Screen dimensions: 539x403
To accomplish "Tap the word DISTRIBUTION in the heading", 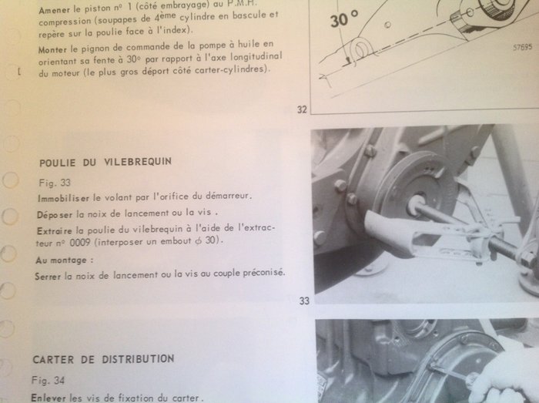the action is (138, 359).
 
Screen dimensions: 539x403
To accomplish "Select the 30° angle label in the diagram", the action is (344, 19).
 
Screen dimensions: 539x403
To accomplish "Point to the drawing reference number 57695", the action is (523, 48).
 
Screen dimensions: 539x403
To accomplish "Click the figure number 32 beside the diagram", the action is (302, 109).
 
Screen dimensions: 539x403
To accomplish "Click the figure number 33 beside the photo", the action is (304, 301).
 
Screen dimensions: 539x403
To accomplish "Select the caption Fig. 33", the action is (55, 183).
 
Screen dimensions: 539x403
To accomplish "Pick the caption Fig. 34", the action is (48, 381).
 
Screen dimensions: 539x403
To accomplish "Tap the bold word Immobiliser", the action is (63, 198).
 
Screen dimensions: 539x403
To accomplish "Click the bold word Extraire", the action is (55, 230).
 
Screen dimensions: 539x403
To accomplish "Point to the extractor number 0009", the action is (80, 243).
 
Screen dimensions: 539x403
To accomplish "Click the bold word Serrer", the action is (48, 276).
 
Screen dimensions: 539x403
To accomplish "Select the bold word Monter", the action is (52, 50).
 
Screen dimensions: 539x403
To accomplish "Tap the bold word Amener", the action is (55, 10).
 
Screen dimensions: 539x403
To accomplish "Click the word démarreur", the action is (229, 196).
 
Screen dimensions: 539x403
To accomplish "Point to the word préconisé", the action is (264, 273).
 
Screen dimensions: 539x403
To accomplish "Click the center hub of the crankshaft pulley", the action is (417, 205).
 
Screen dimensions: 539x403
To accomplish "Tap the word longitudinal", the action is (256, 57).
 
